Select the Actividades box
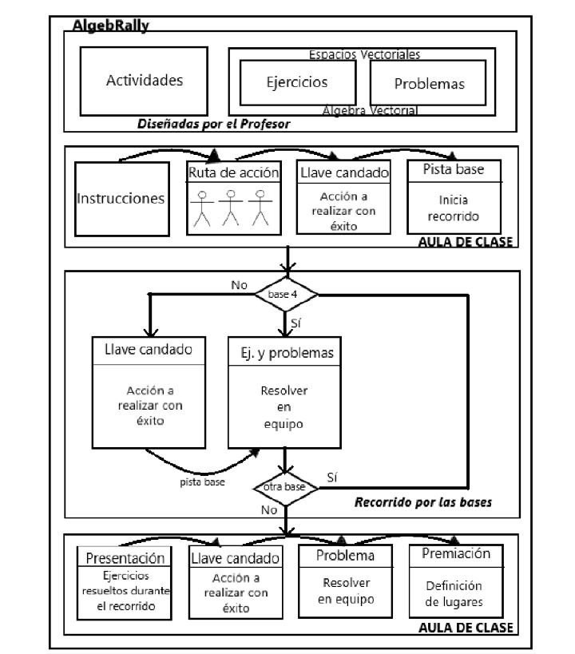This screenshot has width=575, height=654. pyautogui.click(x=145, y=81)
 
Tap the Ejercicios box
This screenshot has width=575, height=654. pyautogui.click(x=296, y=82)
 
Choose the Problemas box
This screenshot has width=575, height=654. pyautogui.click(x=428, y=84)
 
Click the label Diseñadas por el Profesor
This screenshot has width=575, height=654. pyautogui.click(x=212, y=124)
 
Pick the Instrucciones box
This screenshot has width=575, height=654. pyautogui.click(x=121, y=198)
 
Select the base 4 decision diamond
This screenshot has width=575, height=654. pyautogui.click(x=286, y=295)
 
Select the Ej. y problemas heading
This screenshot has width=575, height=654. pyautogui.click(x=286, y=351)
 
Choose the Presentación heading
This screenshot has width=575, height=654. pyautogui.click(x=125, y=558)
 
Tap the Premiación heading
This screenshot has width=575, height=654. pyautogui.click(x=457, y=553)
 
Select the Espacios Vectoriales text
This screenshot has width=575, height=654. pyautogui.click(x=364, y=54)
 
